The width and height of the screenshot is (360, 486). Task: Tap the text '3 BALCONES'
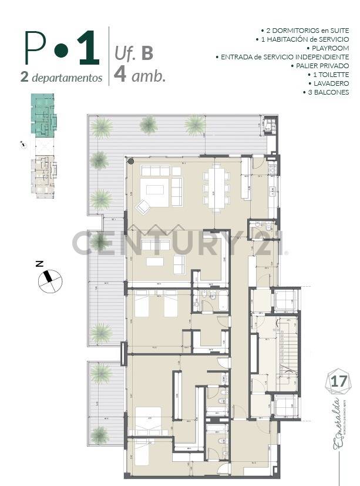[x=328, y=92]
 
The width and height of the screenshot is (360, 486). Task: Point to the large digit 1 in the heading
[x=88, y=50]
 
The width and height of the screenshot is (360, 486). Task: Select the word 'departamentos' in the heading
[x=68, y=78]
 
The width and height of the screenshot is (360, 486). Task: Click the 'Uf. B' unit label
[x=134, y=53]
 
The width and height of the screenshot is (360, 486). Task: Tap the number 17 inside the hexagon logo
[x=339, y=380]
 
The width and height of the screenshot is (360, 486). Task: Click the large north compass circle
[x=49, y=281]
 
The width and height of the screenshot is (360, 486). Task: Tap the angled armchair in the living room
[x=143, y=207]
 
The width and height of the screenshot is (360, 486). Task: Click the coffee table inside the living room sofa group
[x=156, y=189]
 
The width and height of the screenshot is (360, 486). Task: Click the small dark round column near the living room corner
[x=131, y=161]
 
